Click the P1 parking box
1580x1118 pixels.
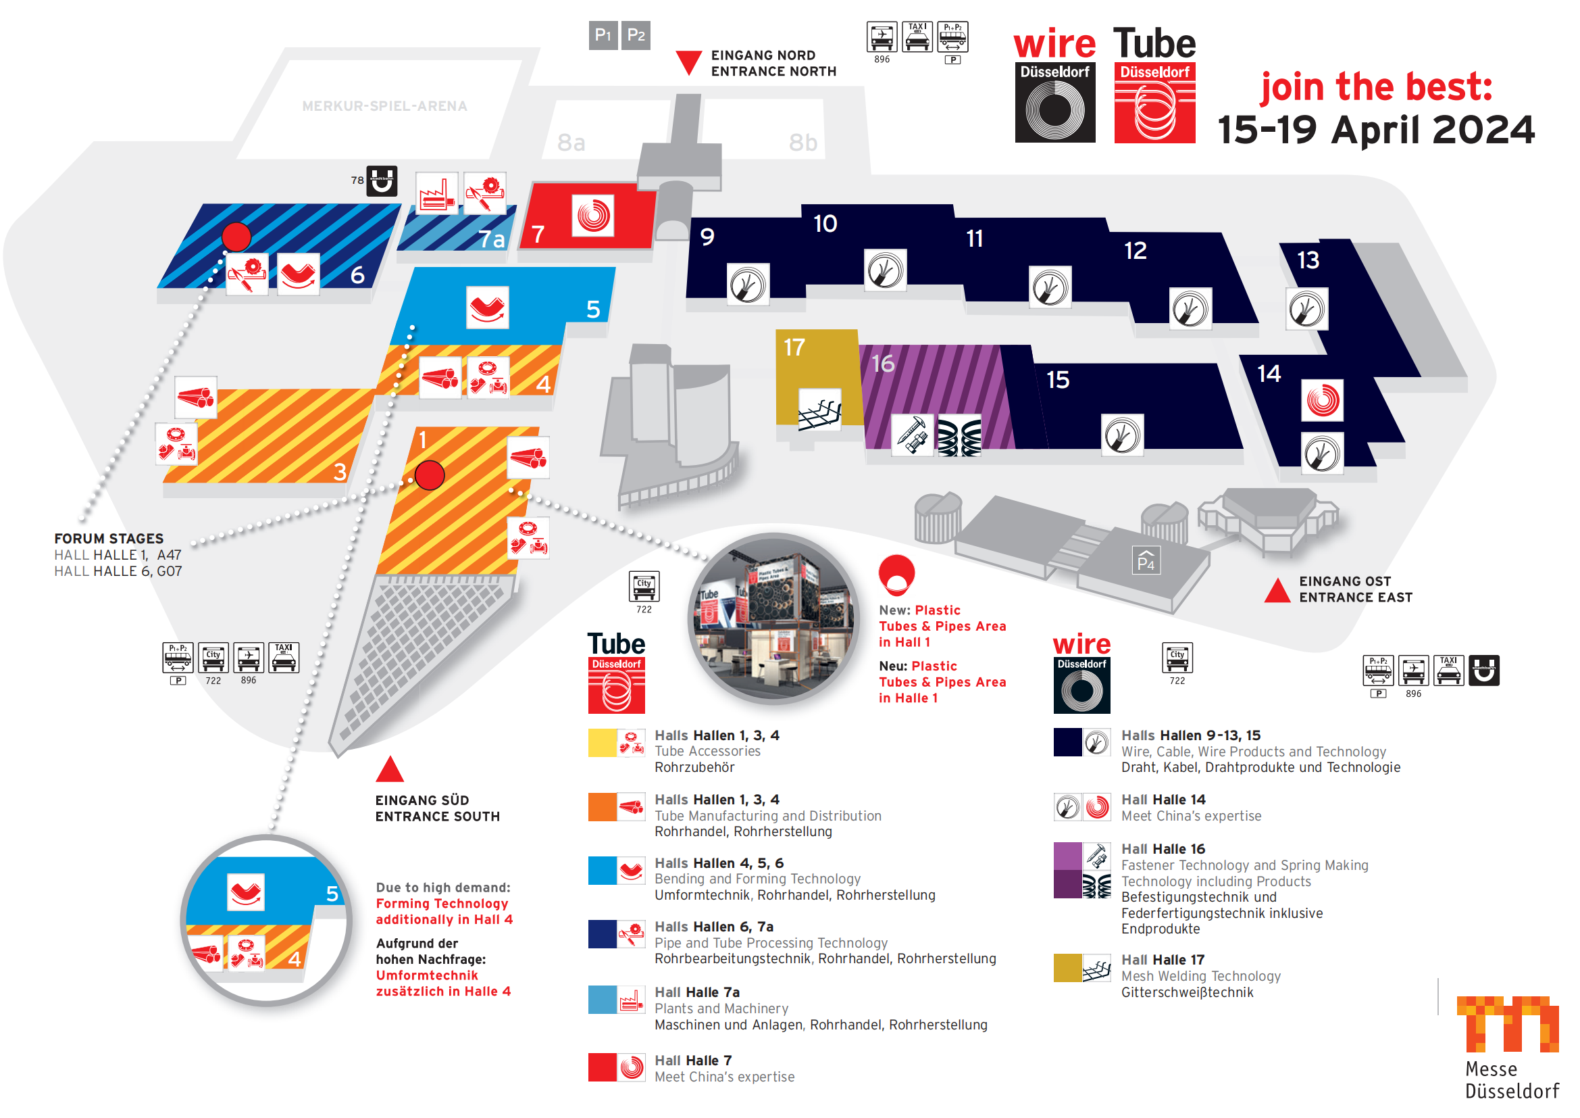pyautogui.click(x=603, y=35)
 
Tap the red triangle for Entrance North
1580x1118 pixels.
pyautogui.click(x=688, y=62)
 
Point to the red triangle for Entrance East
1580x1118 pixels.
pyautogui.click(x=1277, y=591)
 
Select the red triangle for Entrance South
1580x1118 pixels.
pyautogui.click(x=390, y=771)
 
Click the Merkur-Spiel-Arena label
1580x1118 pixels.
pyautogui.click(x=384, y=106)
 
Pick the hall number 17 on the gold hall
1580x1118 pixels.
pyautogui.click(x=794, y=347)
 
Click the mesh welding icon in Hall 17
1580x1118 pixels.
pyautogui.click(x=819, y=411)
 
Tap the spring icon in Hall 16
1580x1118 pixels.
pyautogui.click(x=959, y=436)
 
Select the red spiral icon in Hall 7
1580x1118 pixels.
pyautogui.click(x=593, y=216)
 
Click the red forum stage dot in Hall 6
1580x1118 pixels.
pyautogui.click(x=236, y=237)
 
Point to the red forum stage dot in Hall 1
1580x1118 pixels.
pyautogui.click(x=430, y=475)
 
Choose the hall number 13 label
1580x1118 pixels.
pyautogui.click(x=1308, y=260)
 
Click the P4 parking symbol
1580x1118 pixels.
pyautogui.click(x=1146, y=560)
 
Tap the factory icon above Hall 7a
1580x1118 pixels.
pyautogui.click(x=437, y=193)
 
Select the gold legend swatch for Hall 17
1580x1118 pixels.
pyautogui.click(x=1067, y=968)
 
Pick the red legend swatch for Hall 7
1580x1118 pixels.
pyautogui.click(x=602, y=1068)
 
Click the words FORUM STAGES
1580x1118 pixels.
pyautogui.click(x=109, y=538)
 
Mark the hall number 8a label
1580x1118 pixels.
pyautogui.click(x=571, y=143)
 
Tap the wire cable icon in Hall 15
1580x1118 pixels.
pyautogui.click(x=1122, y=435)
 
